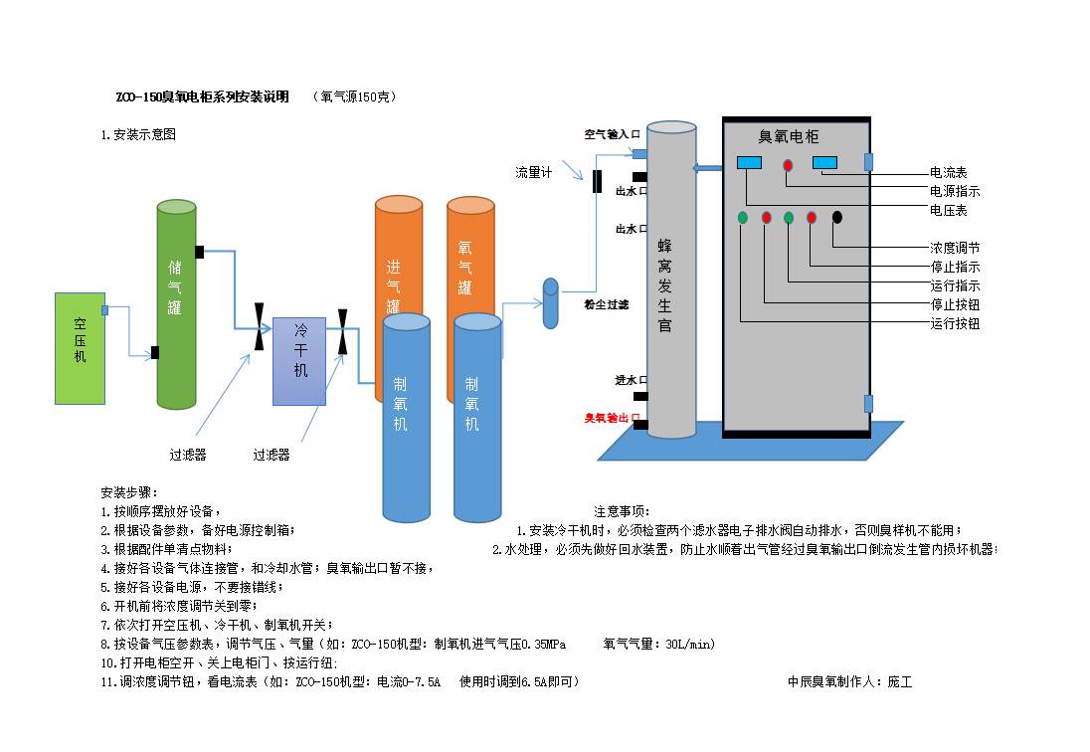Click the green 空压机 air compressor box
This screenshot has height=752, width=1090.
[80, 348]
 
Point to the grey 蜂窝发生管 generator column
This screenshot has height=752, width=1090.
[670, 279]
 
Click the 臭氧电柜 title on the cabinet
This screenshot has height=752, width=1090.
[789, 136]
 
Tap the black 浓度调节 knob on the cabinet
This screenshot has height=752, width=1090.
[837, 217]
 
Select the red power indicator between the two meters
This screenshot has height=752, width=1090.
[788, 165]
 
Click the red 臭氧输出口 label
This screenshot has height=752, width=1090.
[612, 419]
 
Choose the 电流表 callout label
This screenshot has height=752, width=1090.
[948, 172]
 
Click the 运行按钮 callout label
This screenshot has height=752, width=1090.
[955, 323]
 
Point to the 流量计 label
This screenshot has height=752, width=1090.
[533, 172]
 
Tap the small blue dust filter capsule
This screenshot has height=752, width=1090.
[550, 303]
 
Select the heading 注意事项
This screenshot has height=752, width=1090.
[621, 511]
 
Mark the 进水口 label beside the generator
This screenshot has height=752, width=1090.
[632, 380]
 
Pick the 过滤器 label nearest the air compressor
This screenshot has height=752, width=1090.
[187, 455]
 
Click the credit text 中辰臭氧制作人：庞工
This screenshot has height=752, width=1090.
[849, 681]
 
